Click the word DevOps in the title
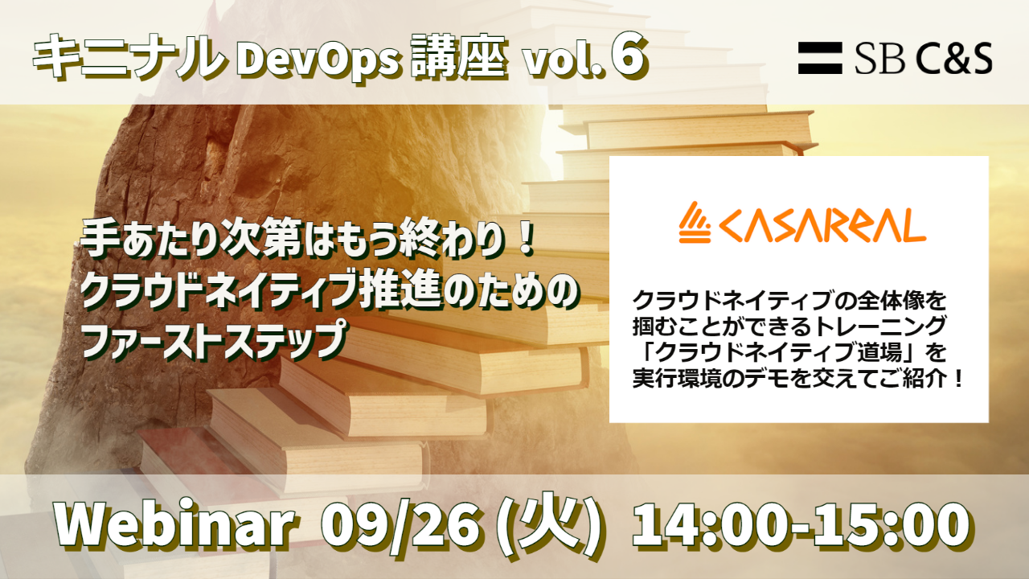coord(318,61)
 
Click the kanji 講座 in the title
coord(459,60)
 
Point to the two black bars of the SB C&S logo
coord(820,58)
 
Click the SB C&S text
coord(924,59)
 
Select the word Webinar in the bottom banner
coord(175,524)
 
